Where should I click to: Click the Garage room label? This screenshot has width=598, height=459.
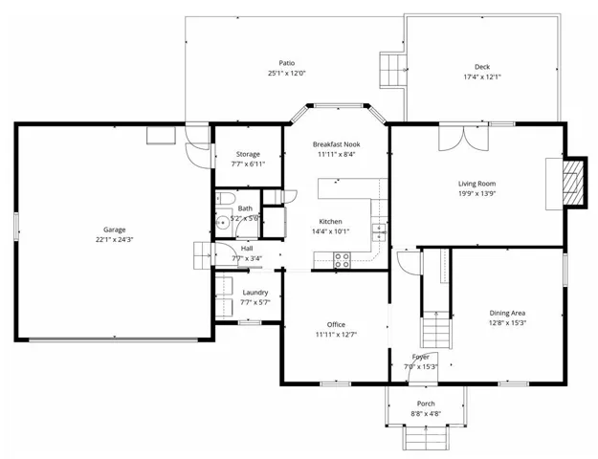[115, 229]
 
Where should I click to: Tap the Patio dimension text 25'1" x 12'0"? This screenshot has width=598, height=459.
[287, 74]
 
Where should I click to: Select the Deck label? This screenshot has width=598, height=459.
[482, 67]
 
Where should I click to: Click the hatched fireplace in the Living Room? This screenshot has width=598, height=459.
[573, 183]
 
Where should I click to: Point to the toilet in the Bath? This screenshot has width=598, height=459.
[224, 199]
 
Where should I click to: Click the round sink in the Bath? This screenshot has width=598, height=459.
[222, 223]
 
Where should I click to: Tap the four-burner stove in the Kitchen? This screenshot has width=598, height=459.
[342, 260]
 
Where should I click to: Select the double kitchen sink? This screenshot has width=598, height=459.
[379, 232]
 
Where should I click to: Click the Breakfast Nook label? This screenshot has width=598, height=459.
[337, 144]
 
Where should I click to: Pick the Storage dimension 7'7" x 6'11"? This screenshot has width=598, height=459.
[248, 164]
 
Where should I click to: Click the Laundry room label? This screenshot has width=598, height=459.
[255, 293]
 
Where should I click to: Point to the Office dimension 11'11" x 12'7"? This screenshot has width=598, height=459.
[336, 335]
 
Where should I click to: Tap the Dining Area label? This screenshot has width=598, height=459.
[507, 313]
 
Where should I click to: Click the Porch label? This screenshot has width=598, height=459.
[426, 404]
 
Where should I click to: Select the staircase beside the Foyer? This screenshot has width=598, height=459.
[436, 329]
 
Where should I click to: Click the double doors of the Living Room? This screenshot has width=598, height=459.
[464, 138]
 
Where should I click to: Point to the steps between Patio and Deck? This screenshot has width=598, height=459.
[391, 70]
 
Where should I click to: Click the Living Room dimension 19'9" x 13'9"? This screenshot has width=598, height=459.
[476, 194]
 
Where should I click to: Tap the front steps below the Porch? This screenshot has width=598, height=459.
[425, 438]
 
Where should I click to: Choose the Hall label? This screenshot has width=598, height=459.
[247, 249]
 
